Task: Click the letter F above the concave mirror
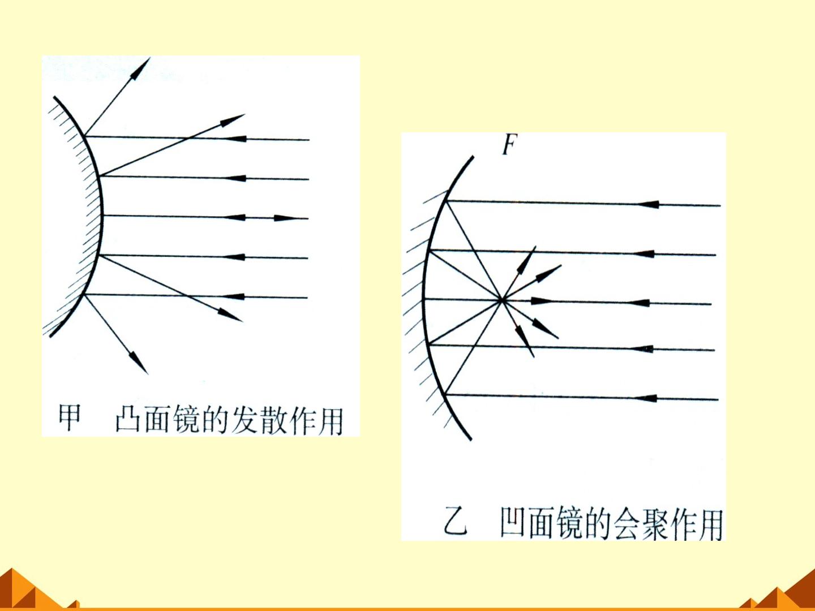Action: (x=510, y=145)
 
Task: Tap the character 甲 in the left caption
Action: (x=70, y=418)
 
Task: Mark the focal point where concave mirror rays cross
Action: (x=501, y=300)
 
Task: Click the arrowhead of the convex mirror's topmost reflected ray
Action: (x=140, y=68)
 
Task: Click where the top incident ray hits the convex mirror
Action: (x=85, y=136)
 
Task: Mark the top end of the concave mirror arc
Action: (x=473, y=157)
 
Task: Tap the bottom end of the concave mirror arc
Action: (x=471, y=440)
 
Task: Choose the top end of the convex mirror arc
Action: (x=54, y=97)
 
